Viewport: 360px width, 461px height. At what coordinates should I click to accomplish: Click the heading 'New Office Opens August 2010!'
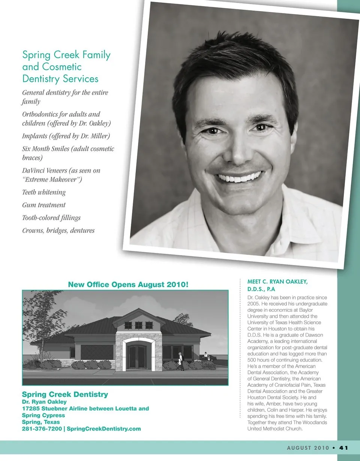click(128, 284)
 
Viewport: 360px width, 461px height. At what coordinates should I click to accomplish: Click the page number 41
click(344, 448)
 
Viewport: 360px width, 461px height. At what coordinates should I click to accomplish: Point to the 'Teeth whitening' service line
click(44, 192)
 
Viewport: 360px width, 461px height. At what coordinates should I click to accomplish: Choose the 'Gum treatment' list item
click(44, 205)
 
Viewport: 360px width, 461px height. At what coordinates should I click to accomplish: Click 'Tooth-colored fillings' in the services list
click(51, 218)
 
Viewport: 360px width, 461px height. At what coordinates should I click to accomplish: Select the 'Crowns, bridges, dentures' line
click(58, 230)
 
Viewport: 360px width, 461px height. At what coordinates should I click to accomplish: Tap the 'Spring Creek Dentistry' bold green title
click(65, 394)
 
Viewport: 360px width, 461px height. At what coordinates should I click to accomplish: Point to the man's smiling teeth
click(240, 177)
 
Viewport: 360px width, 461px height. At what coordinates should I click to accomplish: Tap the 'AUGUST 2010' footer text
click(308, 448)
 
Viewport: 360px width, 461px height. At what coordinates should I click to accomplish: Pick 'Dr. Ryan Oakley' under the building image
click(44, 402)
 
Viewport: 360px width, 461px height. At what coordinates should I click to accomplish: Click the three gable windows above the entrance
click(138, 325)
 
